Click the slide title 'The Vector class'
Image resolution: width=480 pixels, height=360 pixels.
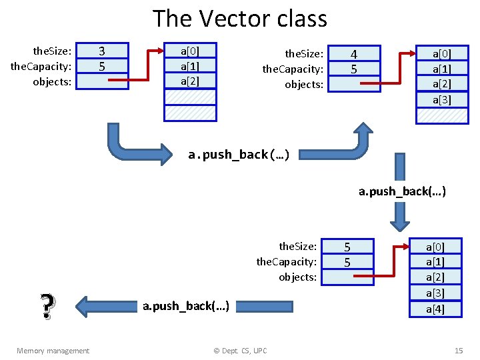240,19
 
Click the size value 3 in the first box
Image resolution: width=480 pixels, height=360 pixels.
102,51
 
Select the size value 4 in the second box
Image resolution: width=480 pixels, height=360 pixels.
353,54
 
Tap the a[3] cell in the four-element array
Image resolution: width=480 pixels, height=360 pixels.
441,99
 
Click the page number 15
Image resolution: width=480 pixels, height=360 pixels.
458,351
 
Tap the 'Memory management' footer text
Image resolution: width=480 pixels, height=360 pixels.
53,351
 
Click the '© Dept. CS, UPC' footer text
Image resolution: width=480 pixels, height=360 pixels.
239,351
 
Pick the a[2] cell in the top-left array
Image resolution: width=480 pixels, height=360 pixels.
190,81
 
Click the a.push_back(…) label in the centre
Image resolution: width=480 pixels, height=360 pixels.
238,155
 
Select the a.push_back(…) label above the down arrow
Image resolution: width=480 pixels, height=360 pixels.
402,192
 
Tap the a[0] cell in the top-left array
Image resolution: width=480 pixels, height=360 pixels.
190,51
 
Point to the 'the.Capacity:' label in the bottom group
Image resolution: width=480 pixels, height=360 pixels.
286,262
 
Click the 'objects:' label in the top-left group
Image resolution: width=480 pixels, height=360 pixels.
52,81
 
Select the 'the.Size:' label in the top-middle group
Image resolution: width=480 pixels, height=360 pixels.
304,53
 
